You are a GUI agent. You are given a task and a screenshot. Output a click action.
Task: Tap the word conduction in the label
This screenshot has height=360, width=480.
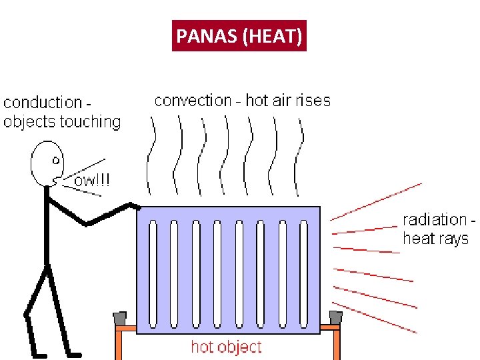[x=43, y=103]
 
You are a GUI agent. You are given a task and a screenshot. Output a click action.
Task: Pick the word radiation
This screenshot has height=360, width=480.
[x=434, y=219]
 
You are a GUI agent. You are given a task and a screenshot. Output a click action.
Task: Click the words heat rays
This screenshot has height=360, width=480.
[x=435, y=239]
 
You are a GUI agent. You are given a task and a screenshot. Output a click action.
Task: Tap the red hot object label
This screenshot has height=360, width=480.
[x=226, y=347]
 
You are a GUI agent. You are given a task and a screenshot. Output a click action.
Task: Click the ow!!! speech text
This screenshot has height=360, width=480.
[x=92, y=181]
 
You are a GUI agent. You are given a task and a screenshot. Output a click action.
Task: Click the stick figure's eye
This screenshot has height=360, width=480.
[x=56, y=160]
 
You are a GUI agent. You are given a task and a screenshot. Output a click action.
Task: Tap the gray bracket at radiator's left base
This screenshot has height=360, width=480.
[x=120, y=319]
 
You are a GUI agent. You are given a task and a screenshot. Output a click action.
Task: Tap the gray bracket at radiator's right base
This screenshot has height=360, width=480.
[x=336, y=318]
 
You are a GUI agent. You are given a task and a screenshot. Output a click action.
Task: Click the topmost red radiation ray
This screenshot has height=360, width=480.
[x=376, y=200]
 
